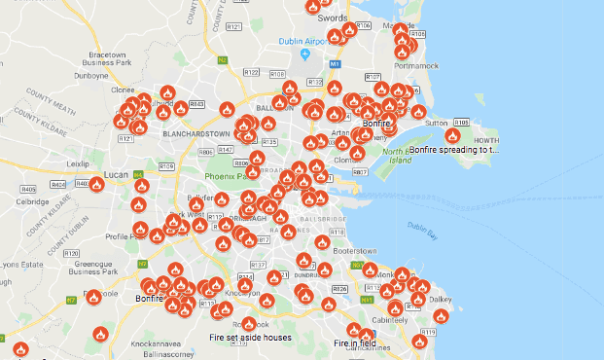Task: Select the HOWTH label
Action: pyautogui.click(x=484, y=141)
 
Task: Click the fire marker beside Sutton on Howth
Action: pyautogui.click(x=452, y=135)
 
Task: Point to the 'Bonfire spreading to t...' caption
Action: pyautogui.click(x=454, y=151)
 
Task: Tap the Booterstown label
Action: pyautogui.click(x=354, y=251)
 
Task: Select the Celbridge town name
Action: pyautogui.click(x=33, y=201)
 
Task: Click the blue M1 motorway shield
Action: pyautogui.click(x=334, y=63)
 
